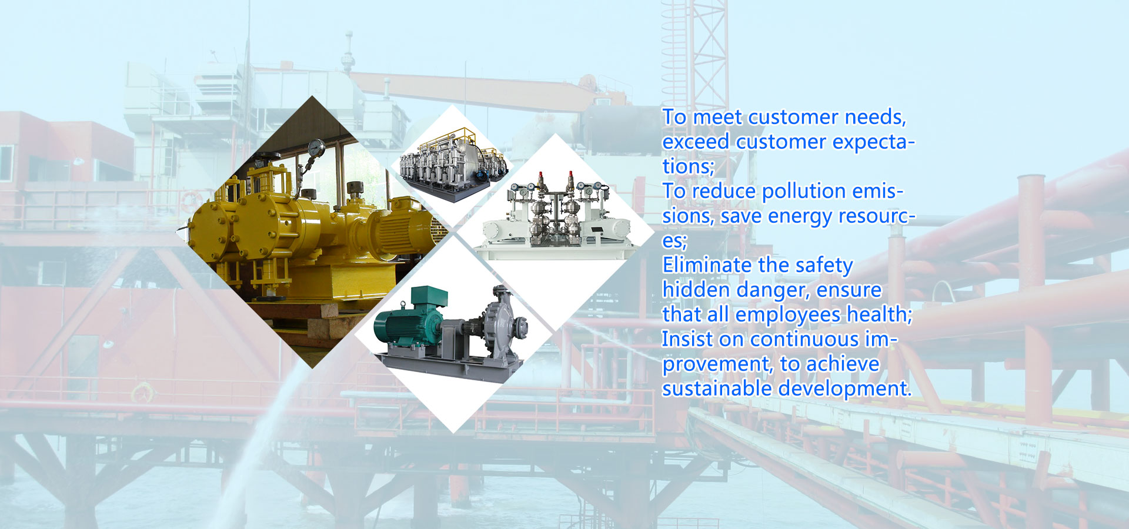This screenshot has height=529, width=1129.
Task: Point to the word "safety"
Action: (x=823, y=266)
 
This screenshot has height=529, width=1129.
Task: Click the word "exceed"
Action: (x=696, y=142)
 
